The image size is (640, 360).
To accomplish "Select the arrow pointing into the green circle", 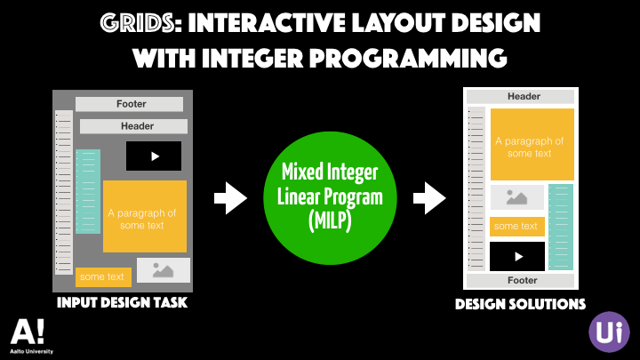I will pyautogui.click(x=231, y=197).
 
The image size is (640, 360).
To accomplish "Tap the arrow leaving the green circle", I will pyautogui.click(x=434, y=197).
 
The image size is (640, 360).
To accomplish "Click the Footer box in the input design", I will pyautogui.click(x=130, y=104).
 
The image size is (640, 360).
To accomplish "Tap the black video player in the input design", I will pyautogui.click(x=153, y=156).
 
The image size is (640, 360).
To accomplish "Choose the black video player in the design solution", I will pyautogui.click(x=517, y=256).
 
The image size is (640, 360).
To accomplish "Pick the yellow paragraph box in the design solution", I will pyautogui.click(x=532, y=144).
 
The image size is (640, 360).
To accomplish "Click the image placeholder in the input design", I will pyautogui.click(x=164, y=270).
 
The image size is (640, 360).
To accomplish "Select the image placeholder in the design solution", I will pyautogui.click(x=517, y=197).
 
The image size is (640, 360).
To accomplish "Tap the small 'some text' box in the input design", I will pyautogui.click(x=103, y=277).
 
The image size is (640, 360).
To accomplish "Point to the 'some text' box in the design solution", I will pyautogui.click(x=517, y=226).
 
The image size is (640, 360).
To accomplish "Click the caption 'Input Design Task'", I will pyautogui.click(x=122, y=304).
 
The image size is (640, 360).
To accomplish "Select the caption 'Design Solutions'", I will pyautogui.click(x=520, y=304).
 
